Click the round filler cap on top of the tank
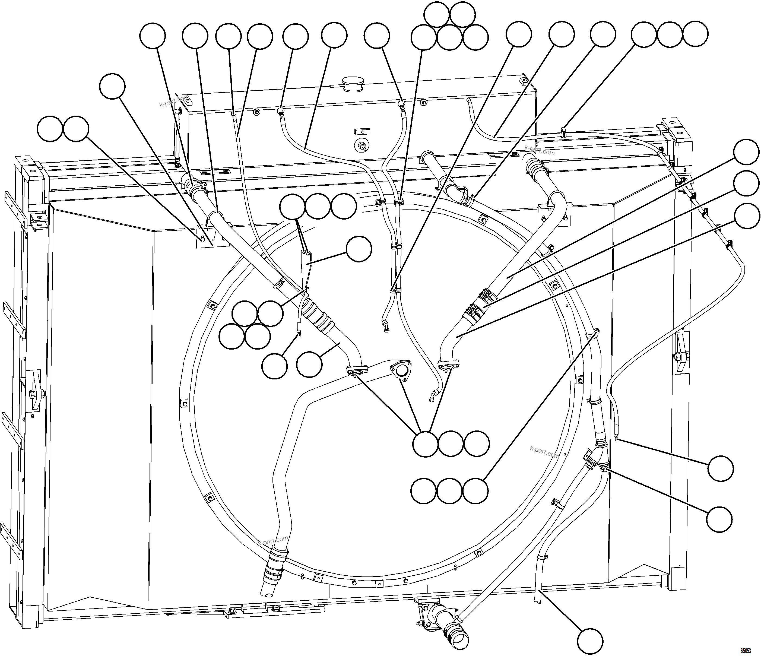352,83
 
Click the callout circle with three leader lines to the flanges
425,444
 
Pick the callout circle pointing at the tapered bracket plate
359,249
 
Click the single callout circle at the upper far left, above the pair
112,86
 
